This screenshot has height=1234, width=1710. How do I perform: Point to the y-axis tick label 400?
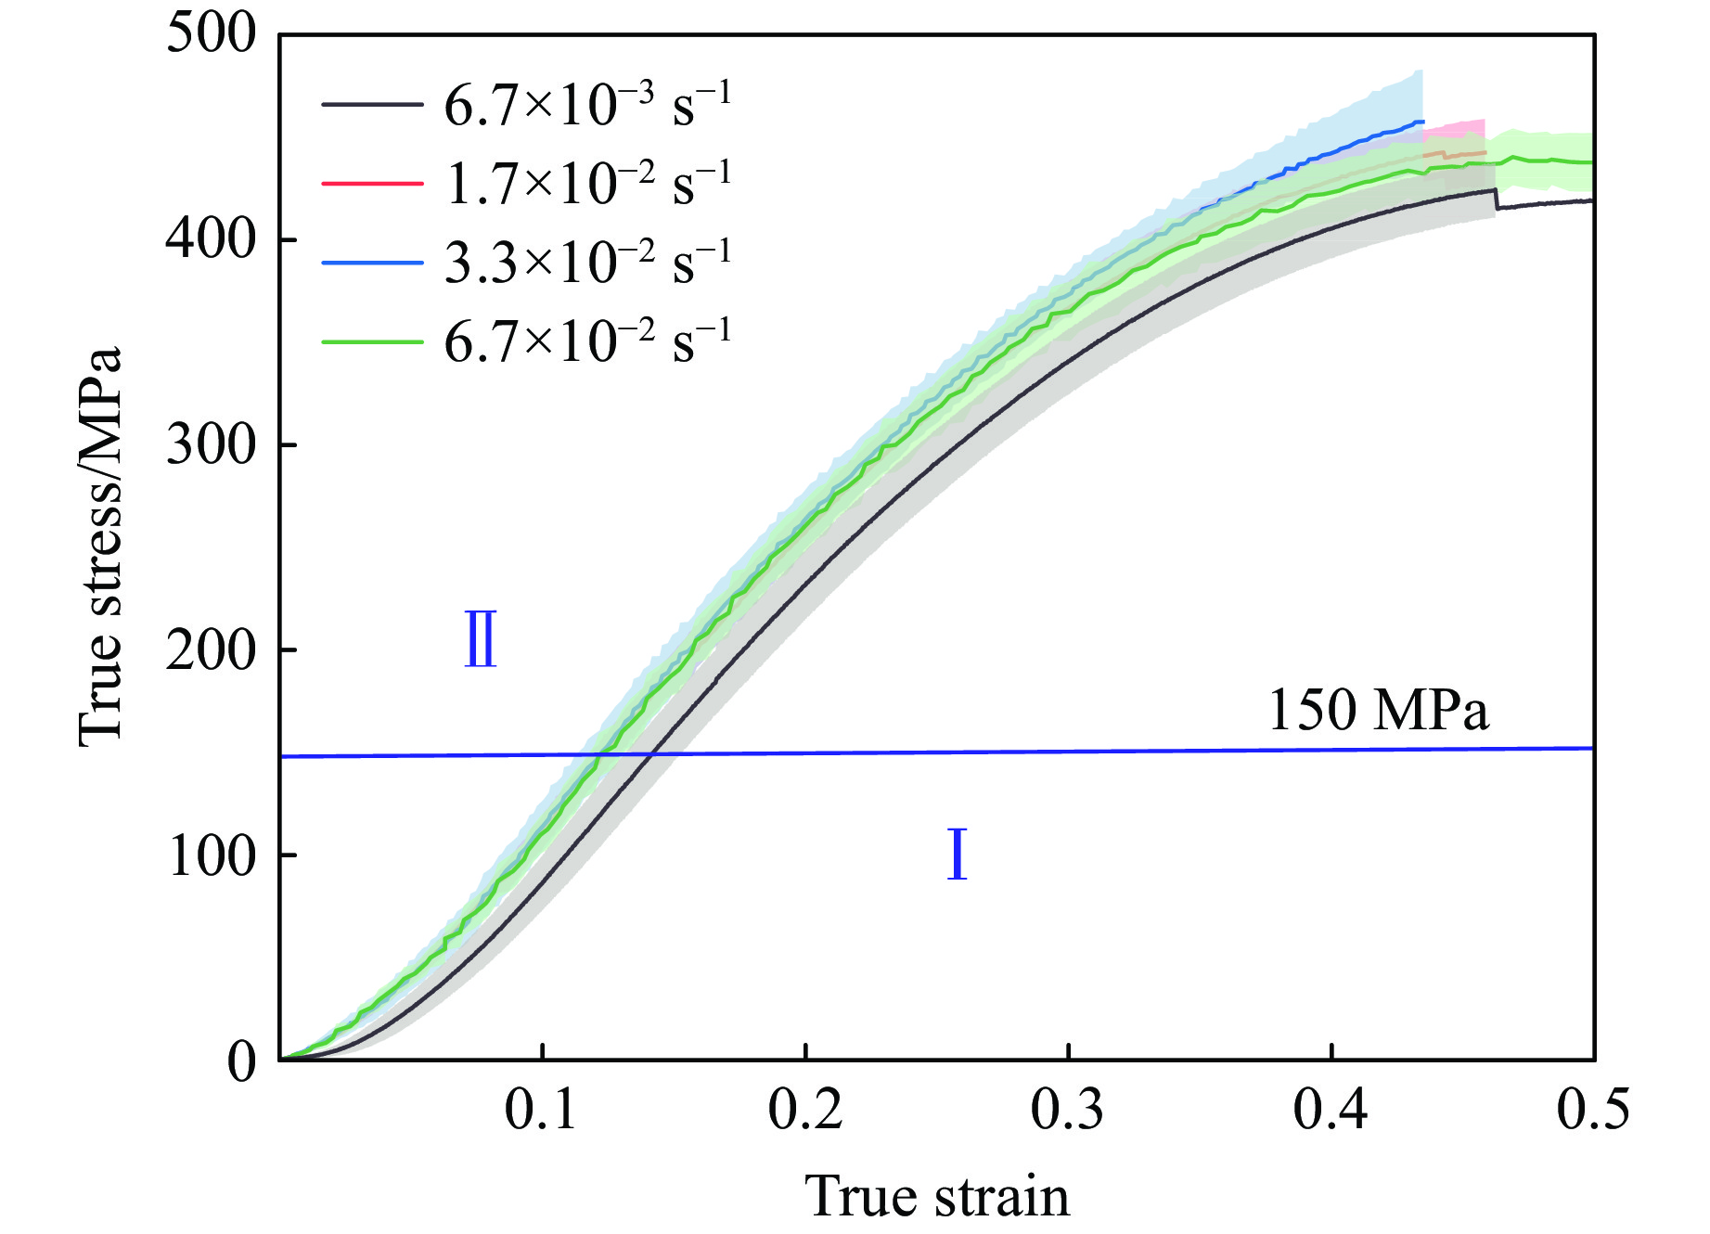(210, 239)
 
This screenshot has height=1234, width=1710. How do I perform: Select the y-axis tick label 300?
(210, 444)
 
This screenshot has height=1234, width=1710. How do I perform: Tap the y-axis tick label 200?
(210, 649)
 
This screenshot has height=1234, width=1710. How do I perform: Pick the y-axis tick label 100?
(210, 855)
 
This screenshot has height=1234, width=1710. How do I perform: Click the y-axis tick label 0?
(240, 1061)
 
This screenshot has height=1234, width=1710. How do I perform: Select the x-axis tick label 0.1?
(542, 1110)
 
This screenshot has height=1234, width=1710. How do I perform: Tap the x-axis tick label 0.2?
(805, 1110)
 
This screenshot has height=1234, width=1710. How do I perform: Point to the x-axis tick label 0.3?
(1068, 1110)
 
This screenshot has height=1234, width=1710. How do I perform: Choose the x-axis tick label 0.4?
(1331, 1110)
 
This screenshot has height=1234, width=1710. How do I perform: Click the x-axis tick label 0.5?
(1593, 1110)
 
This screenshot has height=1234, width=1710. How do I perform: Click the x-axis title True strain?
(937, 1196)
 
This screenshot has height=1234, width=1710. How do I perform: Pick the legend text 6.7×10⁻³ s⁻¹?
(587, 104)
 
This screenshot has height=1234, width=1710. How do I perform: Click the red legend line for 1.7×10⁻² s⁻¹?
(372, 184)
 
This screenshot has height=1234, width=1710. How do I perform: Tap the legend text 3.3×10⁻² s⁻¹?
(587, 263)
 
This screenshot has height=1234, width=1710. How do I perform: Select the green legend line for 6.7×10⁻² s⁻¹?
(372, 341)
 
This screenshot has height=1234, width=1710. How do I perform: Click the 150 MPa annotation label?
(1378, 711)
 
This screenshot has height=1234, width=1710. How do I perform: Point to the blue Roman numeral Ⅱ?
(481, 639)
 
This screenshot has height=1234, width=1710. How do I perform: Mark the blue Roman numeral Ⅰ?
(957, 855)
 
